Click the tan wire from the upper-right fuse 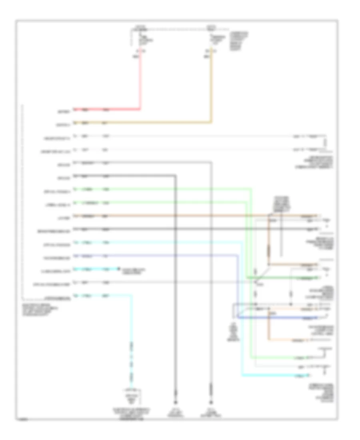(211, 88)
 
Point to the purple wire (160, 256)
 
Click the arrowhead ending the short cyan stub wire (118, 269)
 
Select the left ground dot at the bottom (175, 402)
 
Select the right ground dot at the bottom (210, 402)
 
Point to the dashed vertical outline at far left (22, 200)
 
